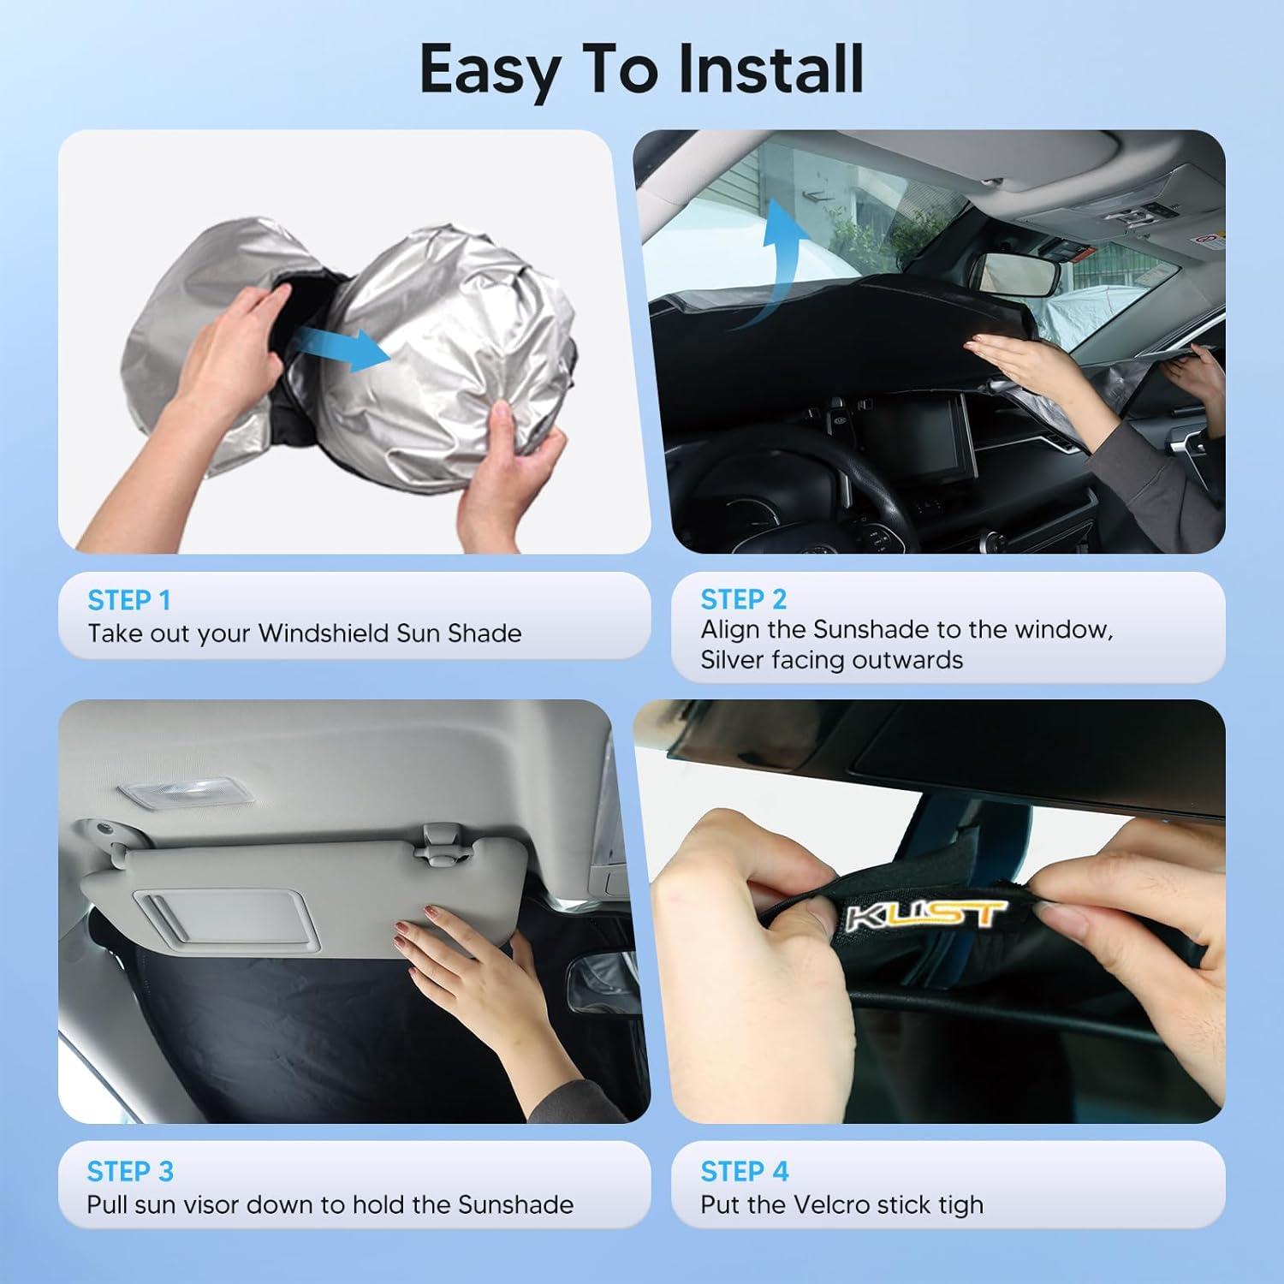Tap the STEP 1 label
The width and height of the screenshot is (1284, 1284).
128,600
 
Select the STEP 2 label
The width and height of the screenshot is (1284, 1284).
743,599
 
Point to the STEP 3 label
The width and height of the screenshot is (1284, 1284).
130,1170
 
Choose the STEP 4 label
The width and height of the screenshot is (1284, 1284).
744,1170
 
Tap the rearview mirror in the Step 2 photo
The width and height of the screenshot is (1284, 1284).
1018,273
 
